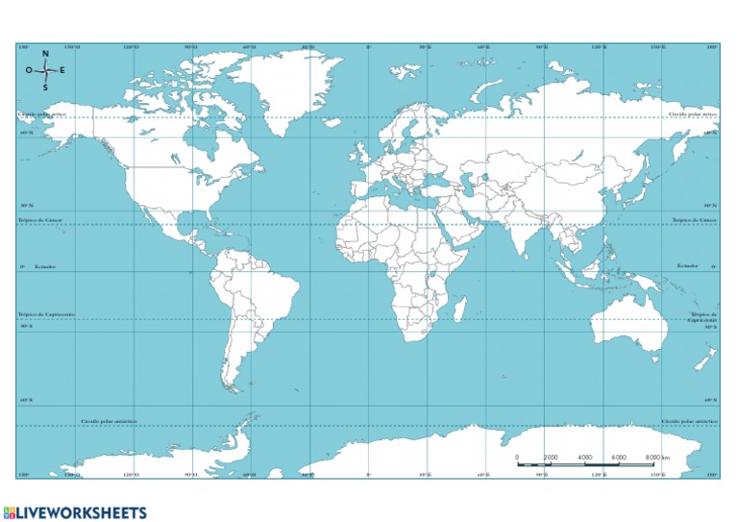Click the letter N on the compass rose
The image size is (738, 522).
click(45, 54)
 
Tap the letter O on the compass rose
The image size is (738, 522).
click(29, 70)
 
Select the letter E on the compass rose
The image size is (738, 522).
click(63, 70)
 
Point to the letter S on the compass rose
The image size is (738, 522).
click(45, 87)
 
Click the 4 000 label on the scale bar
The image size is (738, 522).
click(585, 457)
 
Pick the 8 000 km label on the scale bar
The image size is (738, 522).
click(657, 457)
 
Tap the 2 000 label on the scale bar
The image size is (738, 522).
click(551, 457)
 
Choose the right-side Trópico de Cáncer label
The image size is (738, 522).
click(695, 220)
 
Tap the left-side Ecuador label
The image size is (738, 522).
click(45, 265)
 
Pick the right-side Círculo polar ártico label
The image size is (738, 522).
click(693, 113)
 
